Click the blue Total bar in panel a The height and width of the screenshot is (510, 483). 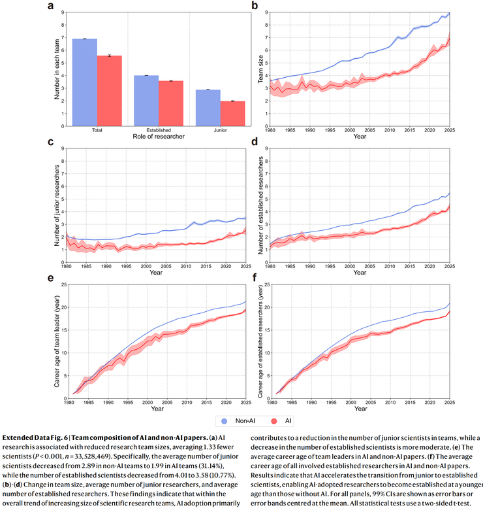(x=85, y=81)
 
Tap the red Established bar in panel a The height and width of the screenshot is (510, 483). (x=171, y=102)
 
